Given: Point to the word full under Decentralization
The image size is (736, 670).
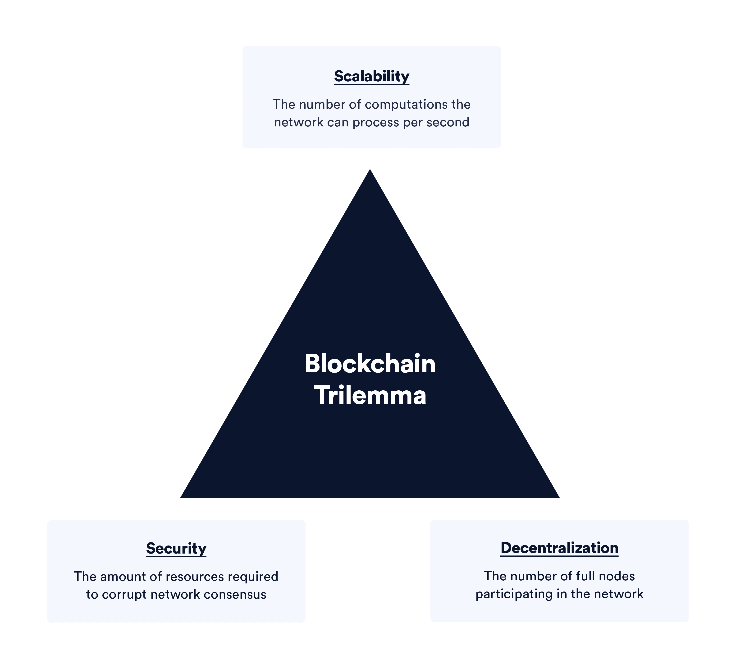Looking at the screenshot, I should (x=586, y=576).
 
